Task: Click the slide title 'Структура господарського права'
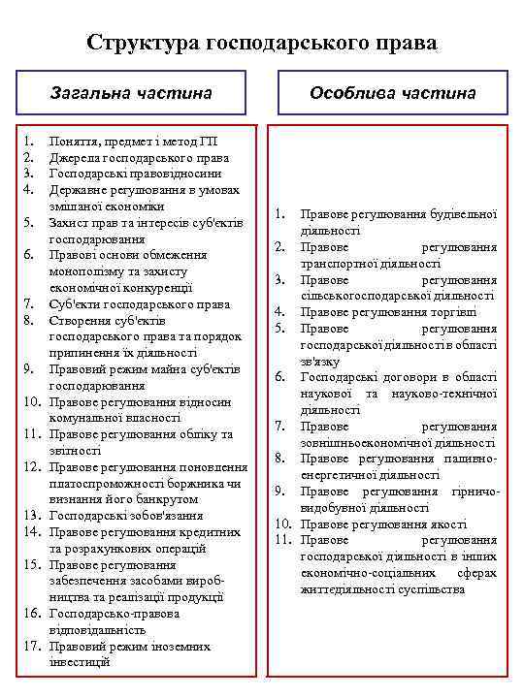tap(262, 44)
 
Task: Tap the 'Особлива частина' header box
tap(392, 93)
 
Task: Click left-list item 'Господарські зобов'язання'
tap(126, 516)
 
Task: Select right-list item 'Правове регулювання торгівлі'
tap(388, 311)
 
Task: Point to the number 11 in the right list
tap(282, 540)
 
